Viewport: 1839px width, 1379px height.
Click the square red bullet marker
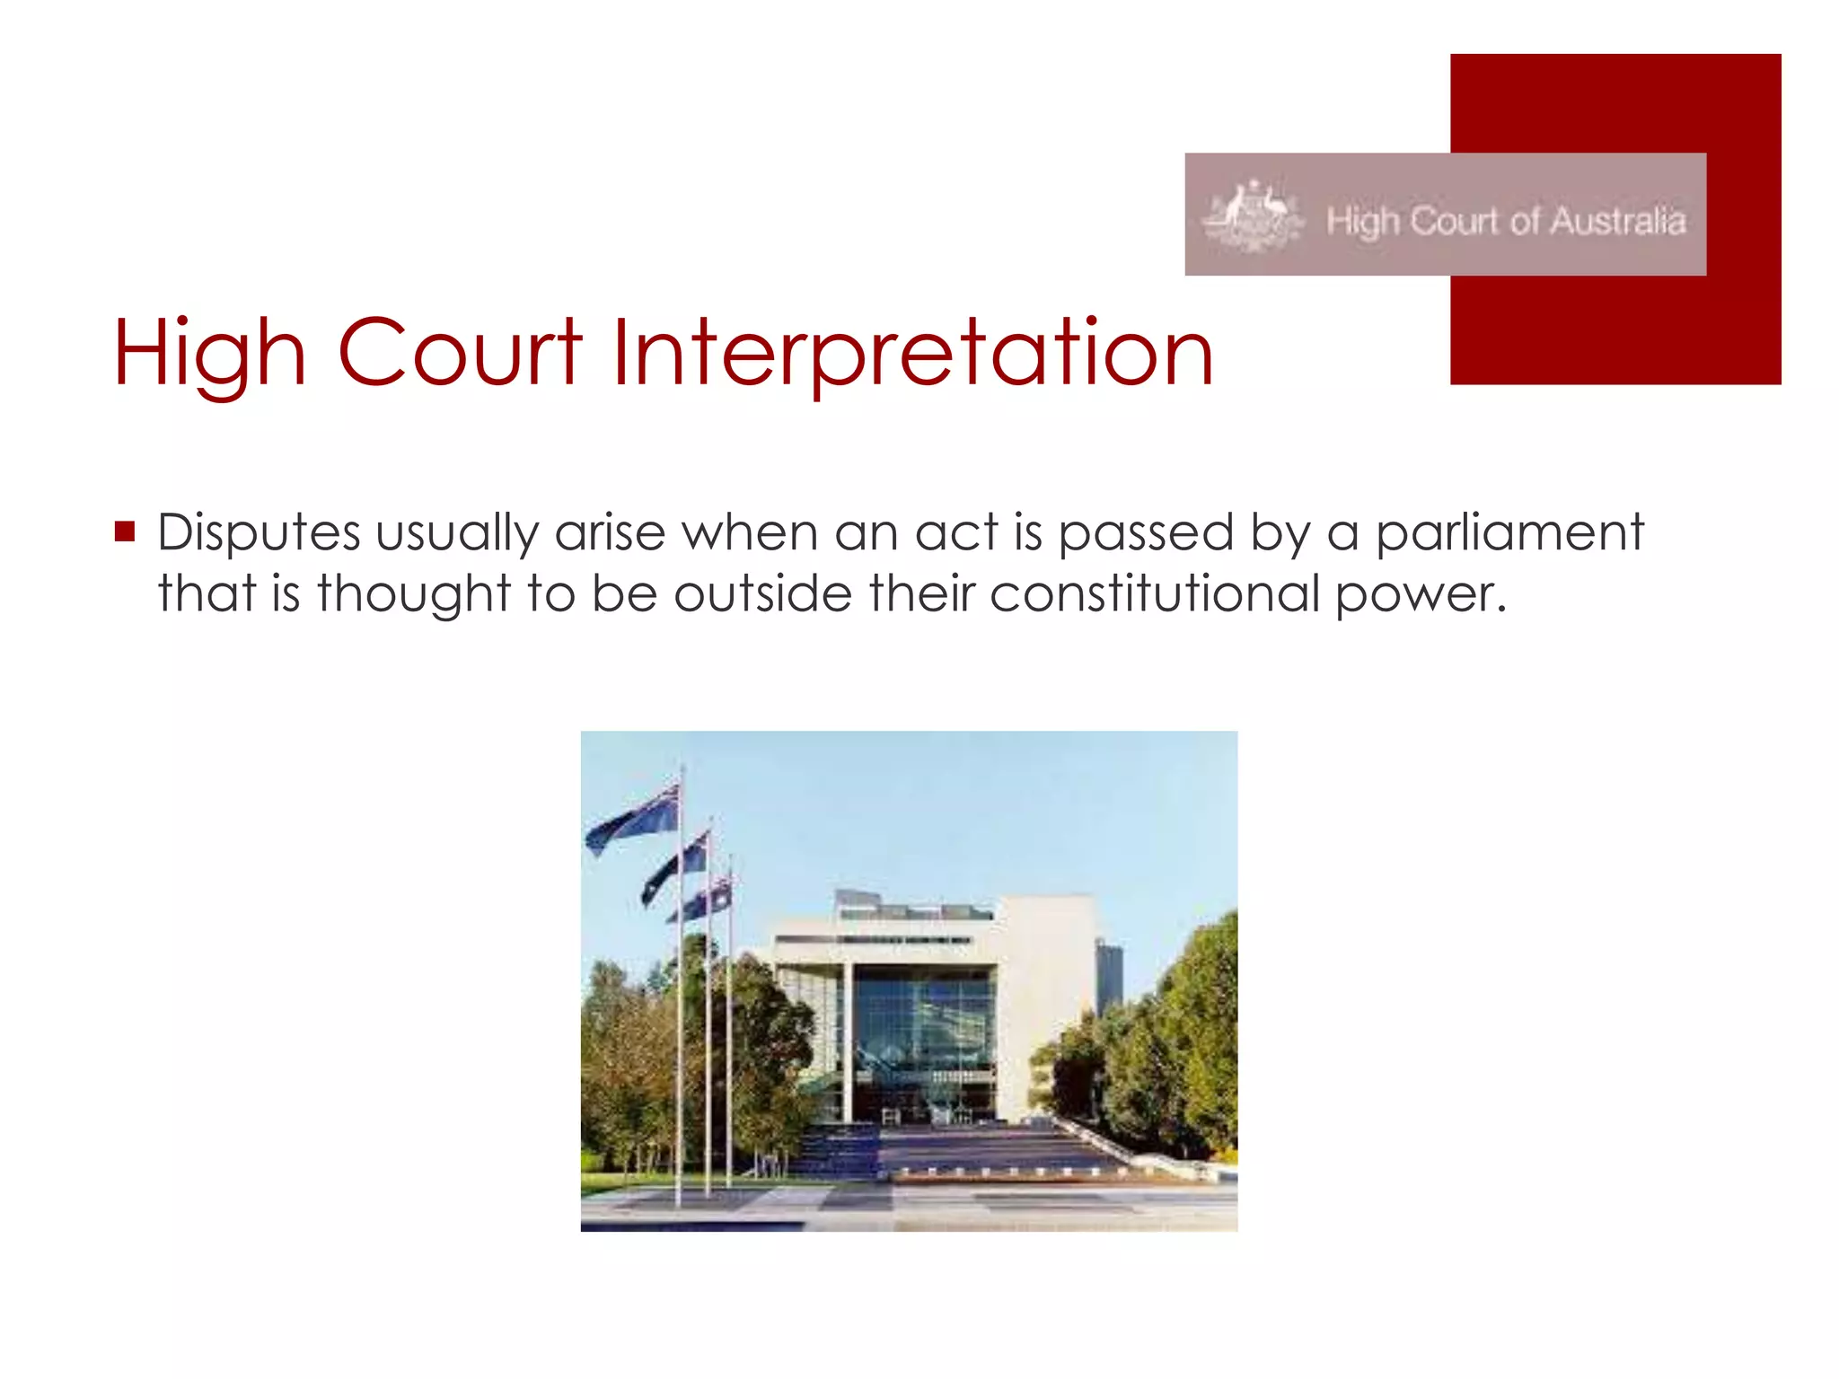[x=125, y=531]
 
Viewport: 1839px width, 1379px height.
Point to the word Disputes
[x=259, y=533]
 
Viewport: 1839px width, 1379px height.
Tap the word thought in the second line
[x=413, y=593]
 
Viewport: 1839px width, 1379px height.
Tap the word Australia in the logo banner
[x=1618, y=221]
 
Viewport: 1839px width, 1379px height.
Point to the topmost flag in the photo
[x=633, y=819]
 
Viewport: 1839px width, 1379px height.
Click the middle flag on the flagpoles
[x=675, y=867]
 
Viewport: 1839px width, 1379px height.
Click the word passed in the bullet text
[x=1146, y=533]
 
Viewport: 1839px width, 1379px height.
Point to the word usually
[x=456, y=533]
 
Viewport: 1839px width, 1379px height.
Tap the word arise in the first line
[x=610, y=533]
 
